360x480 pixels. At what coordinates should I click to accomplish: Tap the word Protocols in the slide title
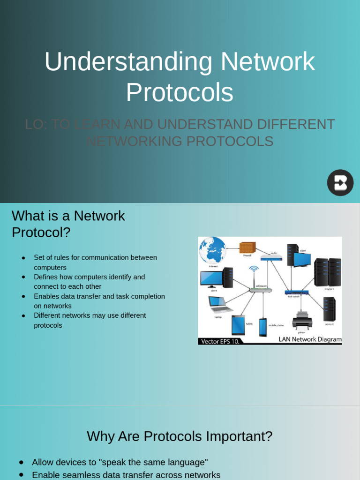pos(180,92)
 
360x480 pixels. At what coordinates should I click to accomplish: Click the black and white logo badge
pos(340,182)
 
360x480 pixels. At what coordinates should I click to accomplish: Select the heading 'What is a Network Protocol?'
pos(68,224)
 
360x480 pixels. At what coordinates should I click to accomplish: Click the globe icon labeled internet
pos(212,250)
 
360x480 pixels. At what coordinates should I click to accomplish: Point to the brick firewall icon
pos(247,247)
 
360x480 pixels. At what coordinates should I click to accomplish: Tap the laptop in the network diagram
pos(220,304)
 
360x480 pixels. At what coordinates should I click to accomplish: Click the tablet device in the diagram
pos(238,324)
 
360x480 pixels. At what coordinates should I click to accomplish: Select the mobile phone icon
pos(263,327)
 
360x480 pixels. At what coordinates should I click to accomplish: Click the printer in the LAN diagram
pos(302,321)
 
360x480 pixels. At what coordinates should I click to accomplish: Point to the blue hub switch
pos(297,292)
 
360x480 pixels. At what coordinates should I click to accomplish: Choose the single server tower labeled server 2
pos(329,308)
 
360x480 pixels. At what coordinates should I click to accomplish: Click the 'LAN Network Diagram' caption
pos(310,339)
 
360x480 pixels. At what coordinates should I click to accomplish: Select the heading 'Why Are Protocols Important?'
pos(180,436)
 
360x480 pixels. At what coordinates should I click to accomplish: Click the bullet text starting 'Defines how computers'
pos(89,281)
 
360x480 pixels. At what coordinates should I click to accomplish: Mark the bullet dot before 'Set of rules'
pos(23,258)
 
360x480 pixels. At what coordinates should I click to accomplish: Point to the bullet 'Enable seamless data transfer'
pos(126,475)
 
